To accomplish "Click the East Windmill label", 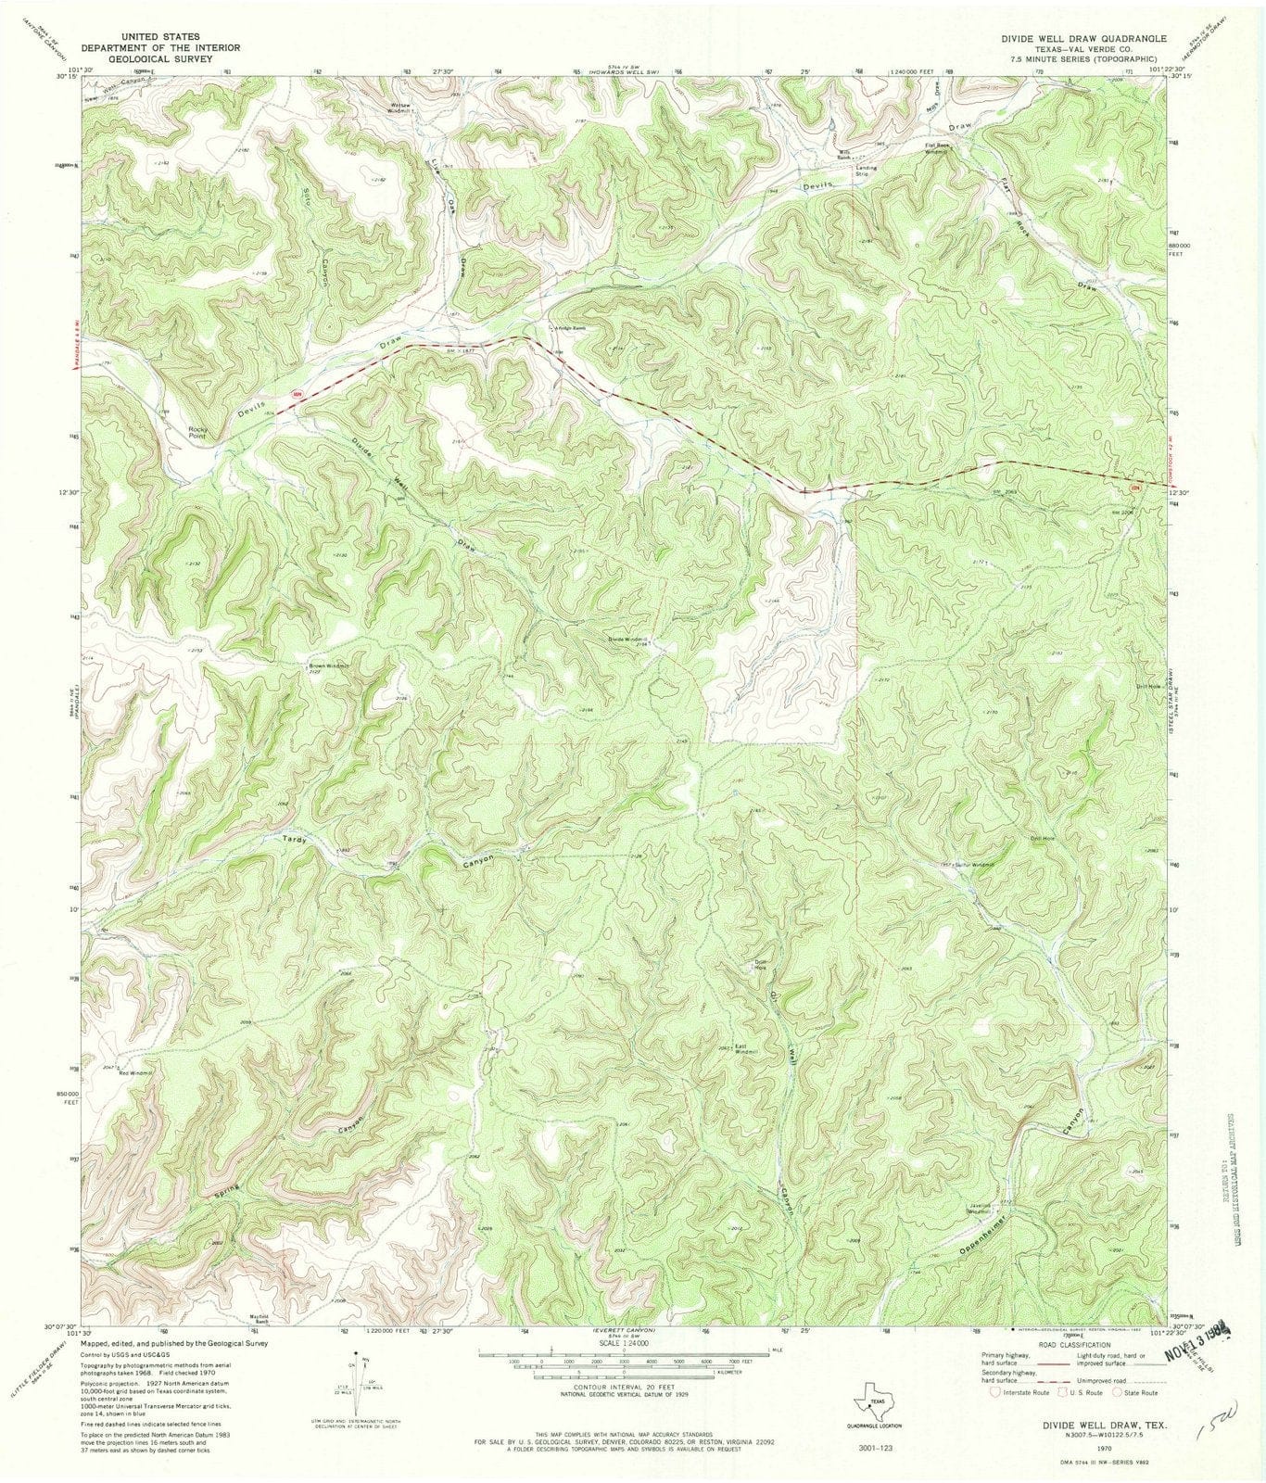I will (747, 1048).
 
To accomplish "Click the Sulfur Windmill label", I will (974, 865).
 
